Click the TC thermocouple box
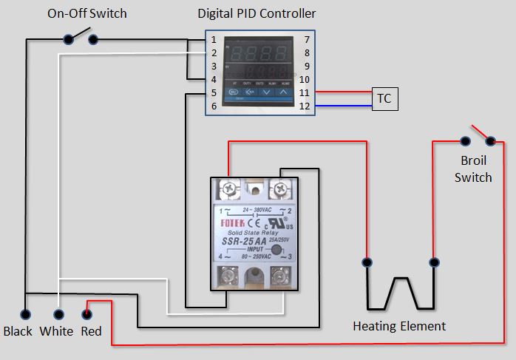tap(384, 99)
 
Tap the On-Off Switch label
tap(87, 13)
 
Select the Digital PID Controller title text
tap(257, 13)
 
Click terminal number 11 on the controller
tap(305, 92)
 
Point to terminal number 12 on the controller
tap(305, 106)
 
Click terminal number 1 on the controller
tap(213, 39)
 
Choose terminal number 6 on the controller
tap(213, 106)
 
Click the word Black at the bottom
tap(18, 331)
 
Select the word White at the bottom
tap(56, 331)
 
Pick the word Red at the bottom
tap(91, 331)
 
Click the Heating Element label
tap(399, 325)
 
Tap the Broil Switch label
tap(473, 169)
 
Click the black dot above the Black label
tap(25, 313)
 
